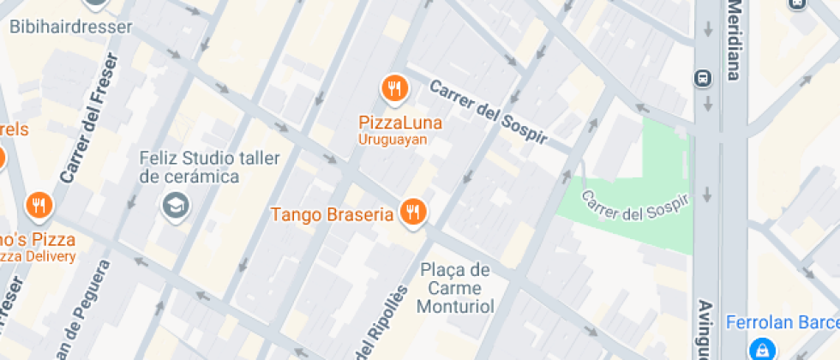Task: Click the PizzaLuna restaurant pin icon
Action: tap(394, 87)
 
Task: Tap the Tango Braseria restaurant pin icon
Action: tap(413, 212)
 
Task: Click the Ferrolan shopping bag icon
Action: tap(759, 349)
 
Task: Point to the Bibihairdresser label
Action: tap(71, 27)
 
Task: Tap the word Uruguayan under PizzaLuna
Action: tap(393, 139)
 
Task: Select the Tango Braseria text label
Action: tap(332, 213)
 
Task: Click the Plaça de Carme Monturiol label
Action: tap(455, 287)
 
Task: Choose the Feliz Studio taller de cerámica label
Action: tap(189, 167)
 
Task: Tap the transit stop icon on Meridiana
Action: tap(703, 78)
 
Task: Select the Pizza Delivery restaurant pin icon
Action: tap(39, 205)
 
